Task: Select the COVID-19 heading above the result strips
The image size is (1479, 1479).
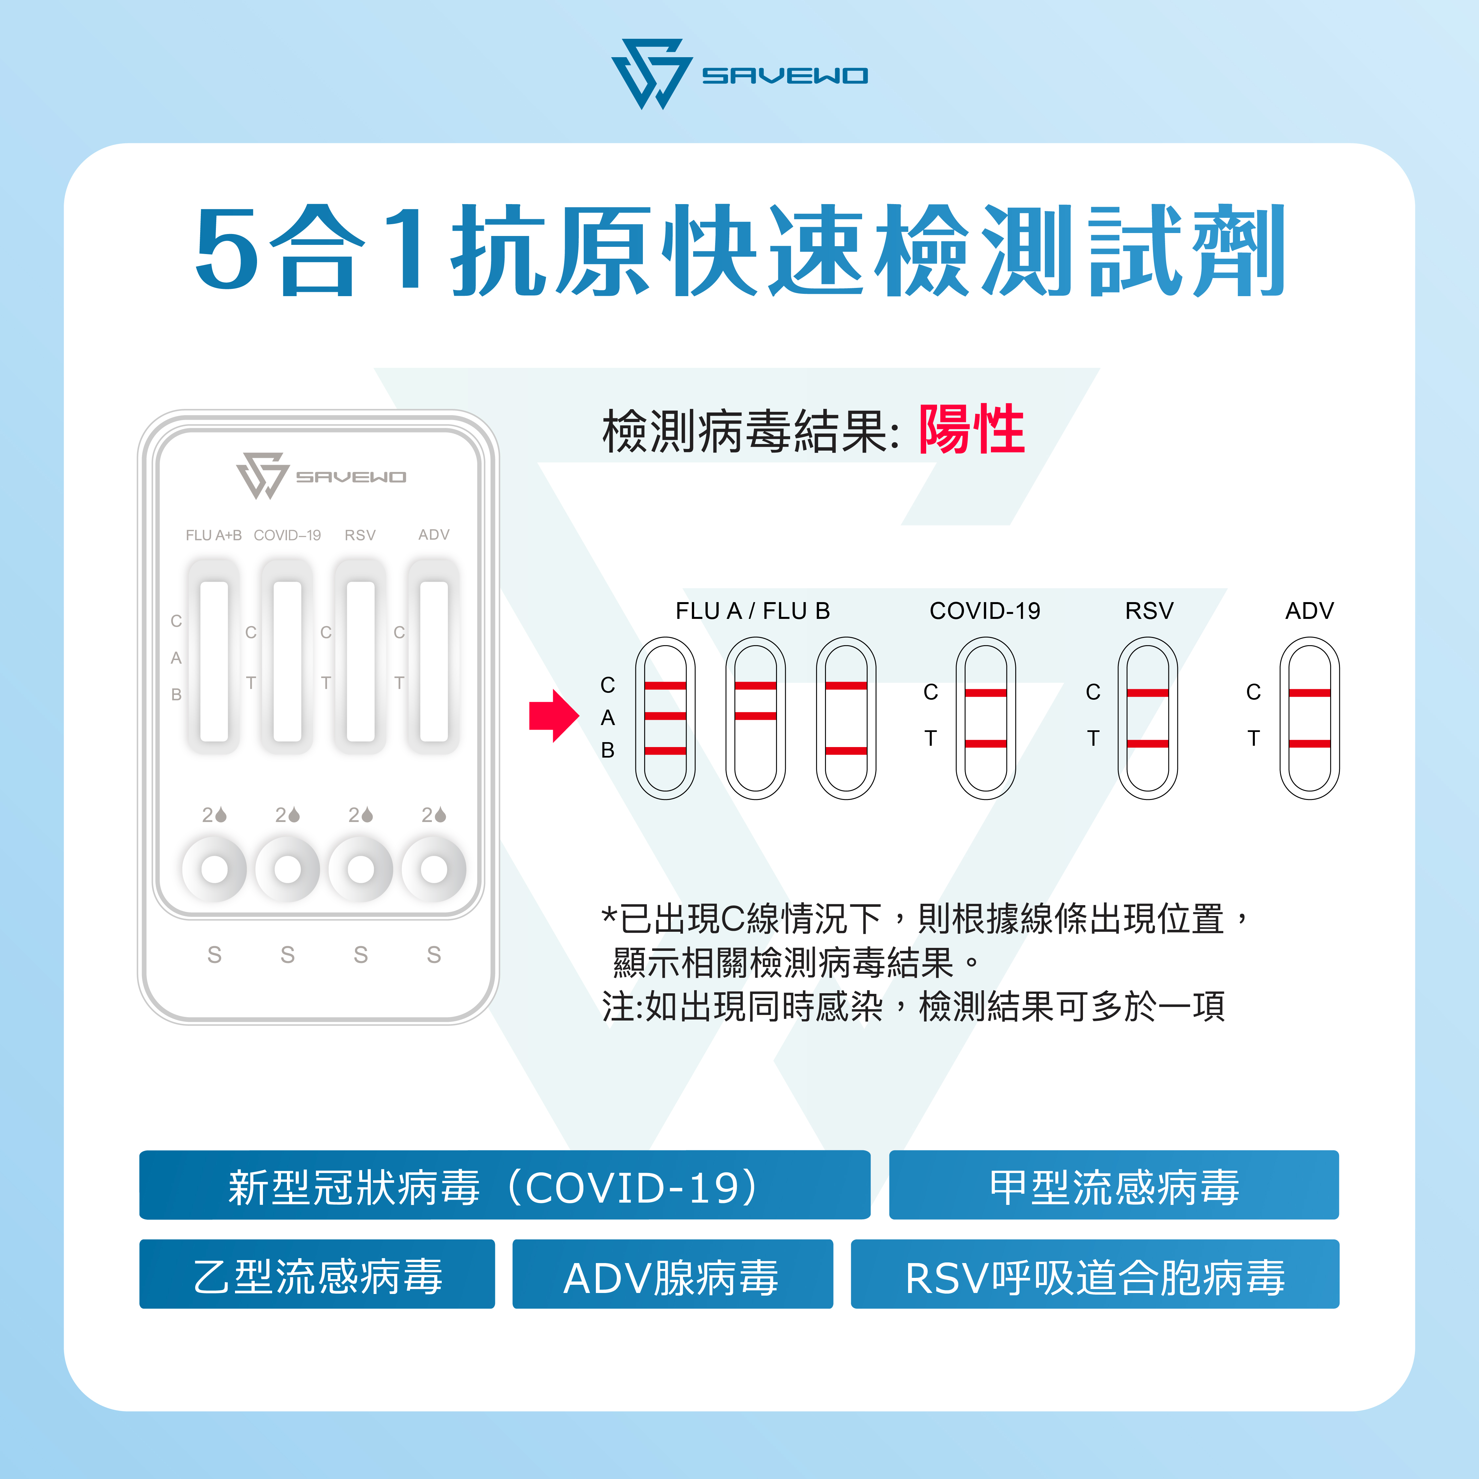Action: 984,611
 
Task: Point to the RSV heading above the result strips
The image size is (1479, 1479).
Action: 1148,611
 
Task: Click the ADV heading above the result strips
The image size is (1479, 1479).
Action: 1309,611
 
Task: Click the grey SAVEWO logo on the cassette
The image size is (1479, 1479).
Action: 321,476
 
